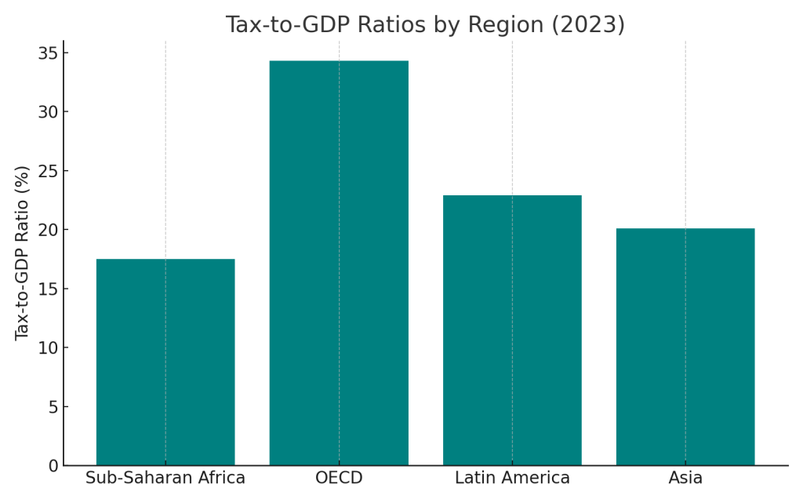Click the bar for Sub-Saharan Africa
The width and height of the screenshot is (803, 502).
(x=165, y=362)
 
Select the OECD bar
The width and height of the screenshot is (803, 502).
(x=339, y=263)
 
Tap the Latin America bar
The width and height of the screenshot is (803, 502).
(x=512, y=330)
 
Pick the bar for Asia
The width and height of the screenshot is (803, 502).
(x=685, y=347)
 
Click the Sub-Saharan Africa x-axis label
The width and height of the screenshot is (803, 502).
(x=165, y=478)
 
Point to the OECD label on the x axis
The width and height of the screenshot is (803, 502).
(x=339, y=478)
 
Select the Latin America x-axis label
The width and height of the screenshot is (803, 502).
(x=512, y=478)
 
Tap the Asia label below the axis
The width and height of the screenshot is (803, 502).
(x=685, y=478)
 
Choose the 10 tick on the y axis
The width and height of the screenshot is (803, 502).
(x=48, y=348)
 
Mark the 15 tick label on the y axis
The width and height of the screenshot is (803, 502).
(x=48, y=289)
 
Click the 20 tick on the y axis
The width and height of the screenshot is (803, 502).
(x=48, y=230)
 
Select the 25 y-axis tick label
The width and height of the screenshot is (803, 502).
(x=48, y=171)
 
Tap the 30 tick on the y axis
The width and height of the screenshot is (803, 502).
(x=48, y=112)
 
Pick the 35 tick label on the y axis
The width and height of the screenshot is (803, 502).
(x=48, y=53)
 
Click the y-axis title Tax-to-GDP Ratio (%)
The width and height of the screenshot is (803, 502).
(x=22, y=253)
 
